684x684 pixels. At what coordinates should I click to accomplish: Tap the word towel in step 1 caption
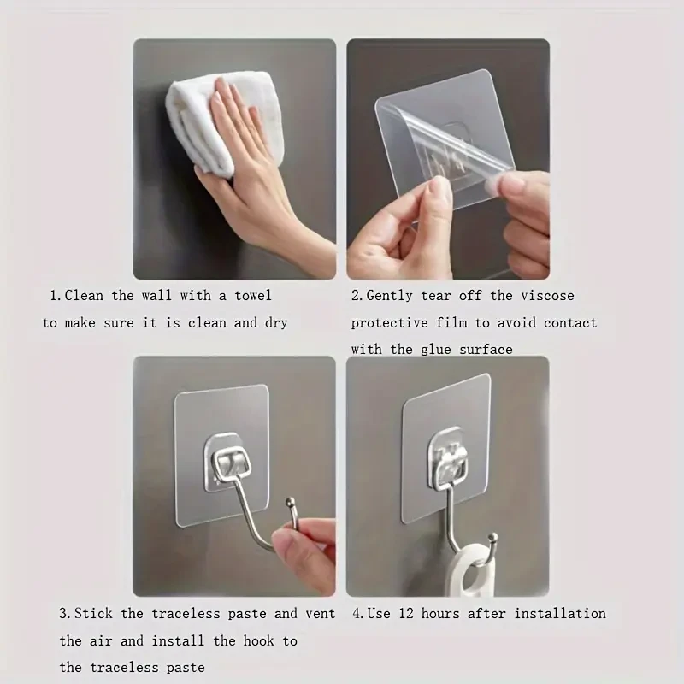click(252, 296)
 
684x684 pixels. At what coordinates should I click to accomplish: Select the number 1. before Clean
click(55, 296)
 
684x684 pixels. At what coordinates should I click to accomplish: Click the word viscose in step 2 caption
click(547, 296)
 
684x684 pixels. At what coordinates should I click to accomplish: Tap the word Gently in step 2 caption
click(391, 296)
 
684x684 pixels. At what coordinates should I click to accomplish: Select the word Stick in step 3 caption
click(95, 614)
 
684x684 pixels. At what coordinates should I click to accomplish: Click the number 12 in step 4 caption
click(405, 614)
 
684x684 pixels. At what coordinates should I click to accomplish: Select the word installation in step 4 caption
click(559, 614)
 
